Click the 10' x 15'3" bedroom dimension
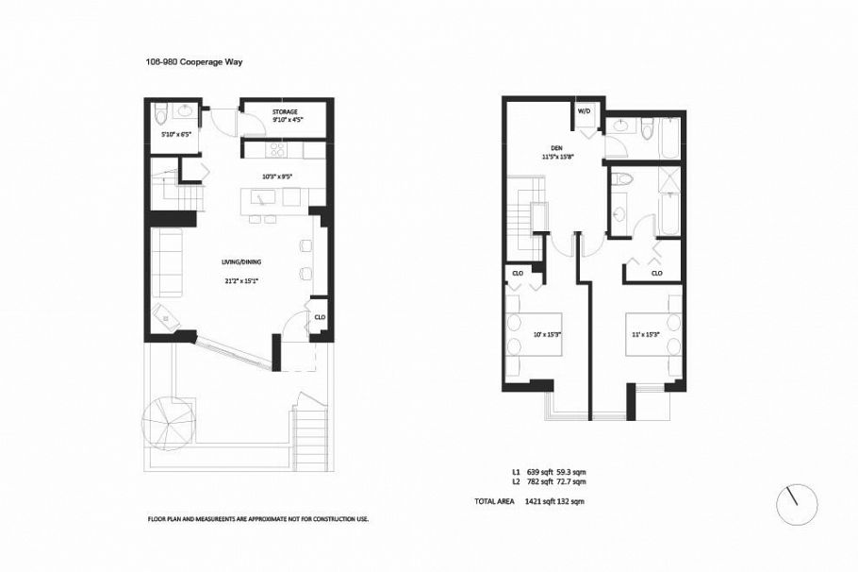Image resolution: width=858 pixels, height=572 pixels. point(549,334)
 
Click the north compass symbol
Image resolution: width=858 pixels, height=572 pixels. point(797,505)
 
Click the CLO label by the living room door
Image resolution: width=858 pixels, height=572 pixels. point(320,318)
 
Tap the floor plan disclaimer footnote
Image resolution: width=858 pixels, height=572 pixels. point(257,518)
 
